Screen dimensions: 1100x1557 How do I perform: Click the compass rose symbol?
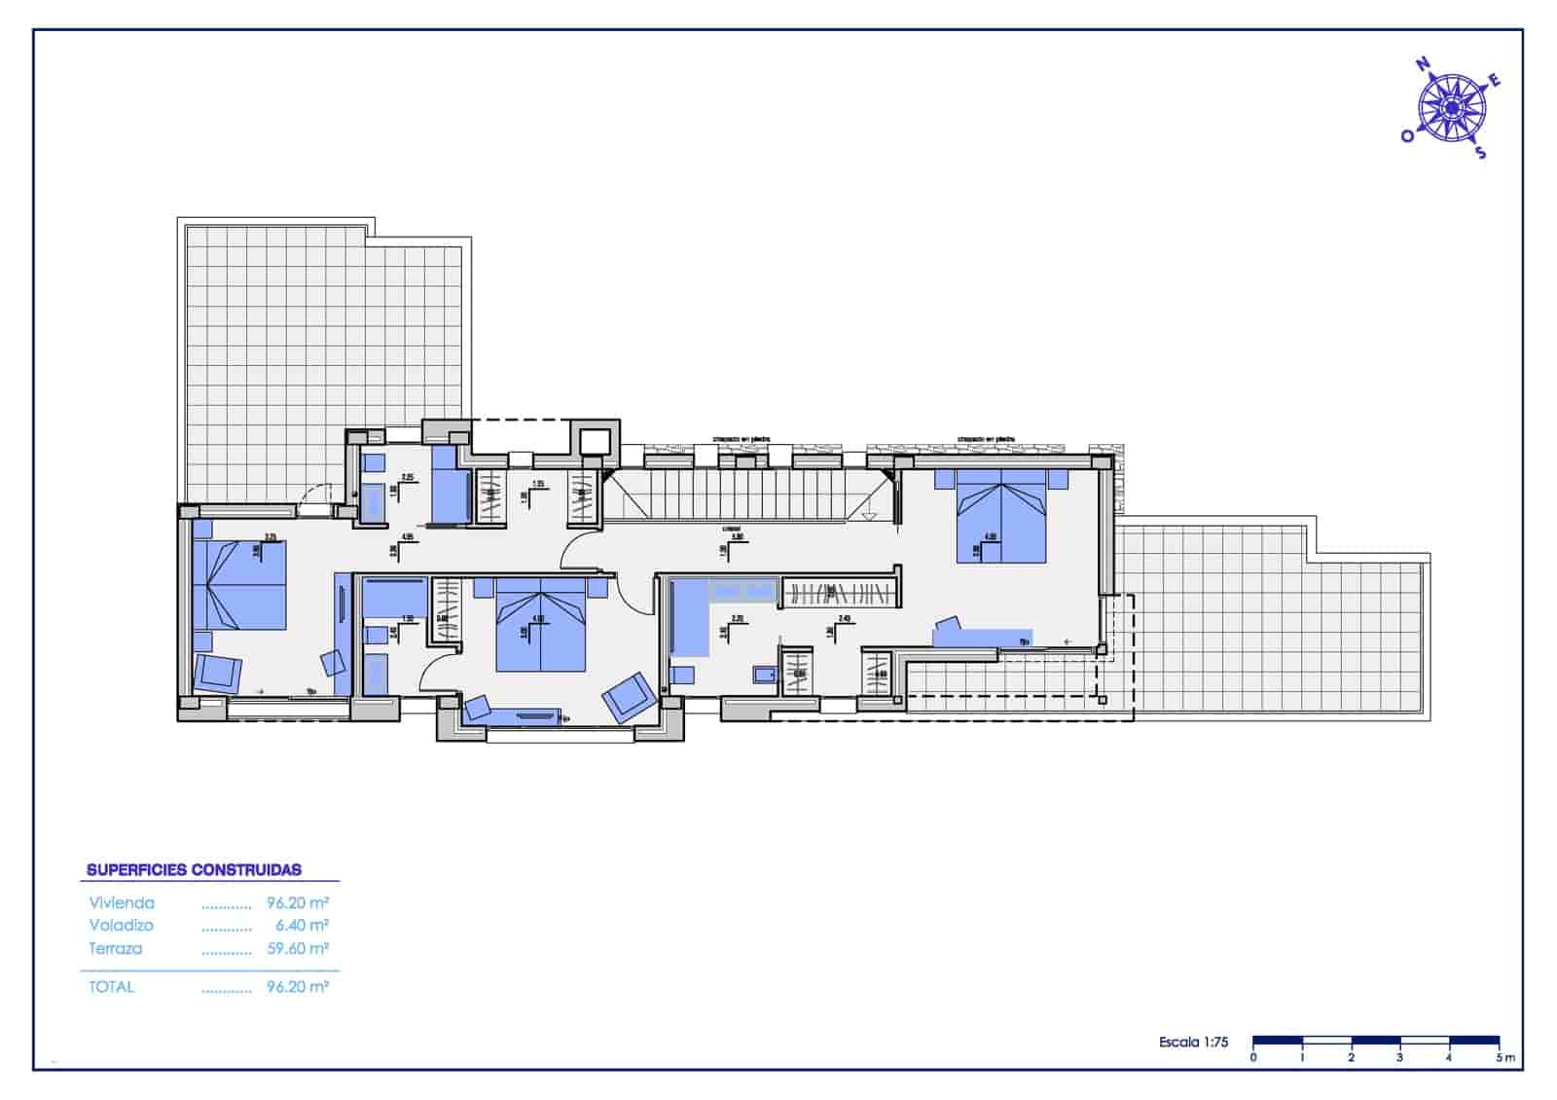(1451, 108)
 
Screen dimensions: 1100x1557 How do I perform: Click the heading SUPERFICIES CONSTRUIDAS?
(194, 870)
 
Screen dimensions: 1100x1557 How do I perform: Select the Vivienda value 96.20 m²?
(297, 903)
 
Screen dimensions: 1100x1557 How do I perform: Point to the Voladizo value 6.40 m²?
(302, 926)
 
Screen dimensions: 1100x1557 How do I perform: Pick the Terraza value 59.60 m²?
(297, 949)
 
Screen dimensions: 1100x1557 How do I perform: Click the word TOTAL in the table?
(112, 987)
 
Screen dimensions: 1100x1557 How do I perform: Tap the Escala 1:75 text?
(1193, 1043)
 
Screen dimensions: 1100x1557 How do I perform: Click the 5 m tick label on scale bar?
(1504, 1057)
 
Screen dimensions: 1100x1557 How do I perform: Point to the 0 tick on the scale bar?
(1253, 1057)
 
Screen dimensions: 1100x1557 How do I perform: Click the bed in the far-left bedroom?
(240, 584)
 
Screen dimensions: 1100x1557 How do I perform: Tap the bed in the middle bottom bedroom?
(541, 626)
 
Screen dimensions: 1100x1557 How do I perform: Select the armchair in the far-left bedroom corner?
(218, 673)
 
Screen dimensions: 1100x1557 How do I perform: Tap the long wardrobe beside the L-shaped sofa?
(838, 592)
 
